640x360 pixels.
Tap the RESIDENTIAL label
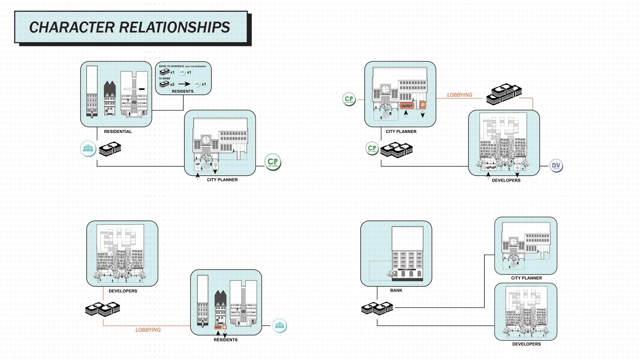pyautogui.click(x=118, y=132)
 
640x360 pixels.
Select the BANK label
pyautogui.click(x=396, y=290)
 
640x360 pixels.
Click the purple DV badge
pyautogui.click(x=556, y=166)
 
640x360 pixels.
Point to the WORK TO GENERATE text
pyautogui.click(x=171, y=66)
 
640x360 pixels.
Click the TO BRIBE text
pyautogui.click(x=164, y=79)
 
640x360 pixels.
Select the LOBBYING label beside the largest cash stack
pyautogui.click(x=459, y=95)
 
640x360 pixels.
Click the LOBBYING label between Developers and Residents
pyautogui.click(x=148, y=330)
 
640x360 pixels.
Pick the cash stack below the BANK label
pyautogui.click(x=377, y=308)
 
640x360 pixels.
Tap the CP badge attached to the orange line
pyautogui.click(x=349, y=99)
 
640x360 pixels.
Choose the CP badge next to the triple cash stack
pyautogui.click(x=372, y=149)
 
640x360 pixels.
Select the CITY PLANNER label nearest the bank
pyautogui.click(x=526, y=278)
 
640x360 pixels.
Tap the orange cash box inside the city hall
pyautogui.click(x=407, y=106)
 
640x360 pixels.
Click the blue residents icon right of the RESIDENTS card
pyautogui.click(x=279, y=326)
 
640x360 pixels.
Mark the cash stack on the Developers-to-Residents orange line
pyautogui.click(x=103, y=309)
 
